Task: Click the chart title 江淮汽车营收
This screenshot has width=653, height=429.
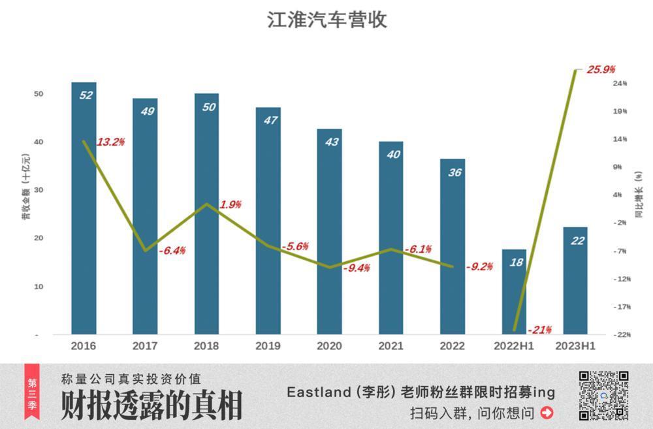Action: pos(326,20)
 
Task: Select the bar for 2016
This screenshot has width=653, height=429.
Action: pos(84,209)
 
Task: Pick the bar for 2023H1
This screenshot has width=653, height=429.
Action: pos(575,281)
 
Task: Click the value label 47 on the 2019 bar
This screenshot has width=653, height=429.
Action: pos(268,121)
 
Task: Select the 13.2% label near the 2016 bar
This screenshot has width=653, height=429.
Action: pos(110,142)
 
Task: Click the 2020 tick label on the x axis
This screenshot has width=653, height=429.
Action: pos(329,346)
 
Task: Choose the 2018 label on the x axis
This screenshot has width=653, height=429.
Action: pos(206,346)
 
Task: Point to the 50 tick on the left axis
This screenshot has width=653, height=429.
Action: pos(38,94)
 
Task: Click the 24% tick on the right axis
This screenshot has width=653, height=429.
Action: pos(620,84)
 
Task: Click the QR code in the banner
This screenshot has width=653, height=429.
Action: pos(603,396)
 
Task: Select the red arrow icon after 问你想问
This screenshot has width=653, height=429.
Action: pos(547,413)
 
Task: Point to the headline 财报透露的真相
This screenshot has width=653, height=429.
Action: pos(151,405)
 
